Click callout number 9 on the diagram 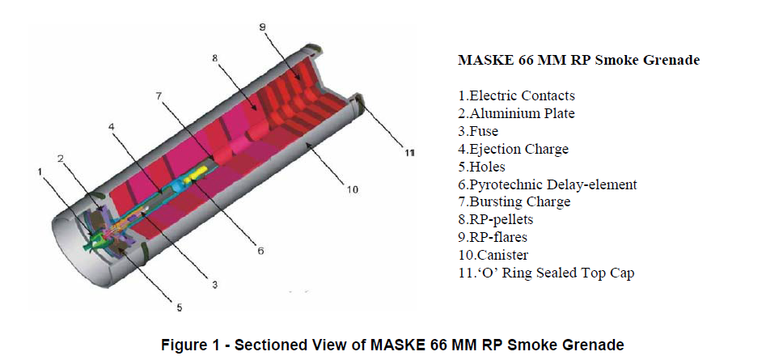pyautogui.click(x=262, y=28)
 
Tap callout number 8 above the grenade pyautogui.click(x=215, y=58)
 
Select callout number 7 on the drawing pyautogui.click(x=159, y=95)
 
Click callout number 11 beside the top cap pyautogui.click(x=409, y=154)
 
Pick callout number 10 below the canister pyautogui.click(x=353, y=190)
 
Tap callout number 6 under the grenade pyautogui.click(x=260, y=251)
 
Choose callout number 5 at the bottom pyautogui.click(x=179, y=307)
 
